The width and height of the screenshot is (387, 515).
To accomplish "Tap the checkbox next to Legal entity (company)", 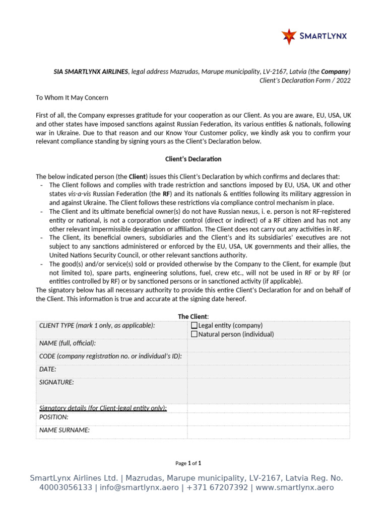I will tap(195, 325).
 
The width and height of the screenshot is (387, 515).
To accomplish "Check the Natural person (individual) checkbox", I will tap(195, 334).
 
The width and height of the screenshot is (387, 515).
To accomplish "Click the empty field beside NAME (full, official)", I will tap(268, 345).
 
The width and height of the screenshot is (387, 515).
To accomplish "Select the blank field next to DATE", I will tap(268, 371).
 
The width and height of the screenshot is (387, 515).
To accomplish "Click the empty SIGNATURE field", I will tap(268, 390).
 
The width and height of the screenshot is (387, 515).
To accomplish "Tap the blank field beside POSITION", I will tap(268, 419).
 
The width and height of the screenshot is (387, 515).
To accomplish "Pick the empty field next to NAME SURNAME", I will tap(268, 432).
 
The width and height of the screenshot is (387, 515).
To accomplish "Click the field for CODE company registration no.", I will tap(268, 358).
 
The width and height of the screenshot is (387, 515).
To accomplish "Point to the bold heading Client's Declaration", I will tap(193, 159).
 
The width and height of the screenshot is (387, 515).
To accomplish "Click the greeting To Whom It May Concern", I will tap(72, 98).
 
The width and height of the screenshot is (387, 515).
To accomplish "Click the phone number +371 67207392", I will tap(217, 487).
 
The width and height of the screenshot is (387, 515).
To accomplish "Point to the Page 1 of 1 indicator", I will tap(188, 463).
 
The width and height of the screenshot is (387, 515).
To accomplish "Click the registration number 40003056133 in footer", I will tap(66, 487).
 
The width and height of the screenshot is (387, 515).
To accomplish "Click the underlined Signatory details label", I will tap(103, 408).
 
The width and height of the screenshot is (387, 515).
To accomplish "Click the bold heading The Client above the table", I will tap(192, 316).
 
